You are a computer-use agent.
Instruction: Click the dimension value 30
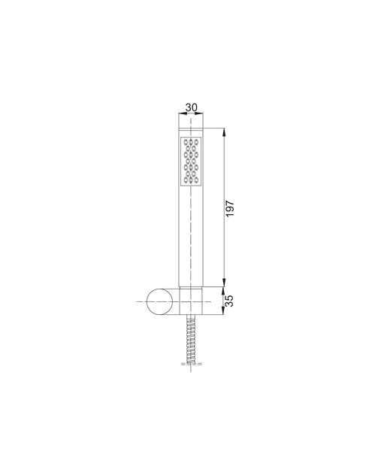(x=191, y=107)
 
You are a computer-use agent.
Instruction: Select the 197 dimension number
(x=230, y=208)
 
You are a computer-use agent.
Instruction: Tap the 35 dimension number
(x=229, y=301)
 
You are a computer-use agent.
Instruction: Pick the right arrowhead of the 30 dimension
(x=200, y=113)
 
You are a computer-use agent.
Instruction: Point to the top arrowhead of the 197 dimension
(x=224, y=132)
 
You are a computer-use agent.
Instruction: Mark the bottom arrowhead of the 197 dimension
(x=224, y=283)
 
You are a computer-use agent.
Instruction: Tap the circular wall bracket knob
(x=160, y=302)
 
